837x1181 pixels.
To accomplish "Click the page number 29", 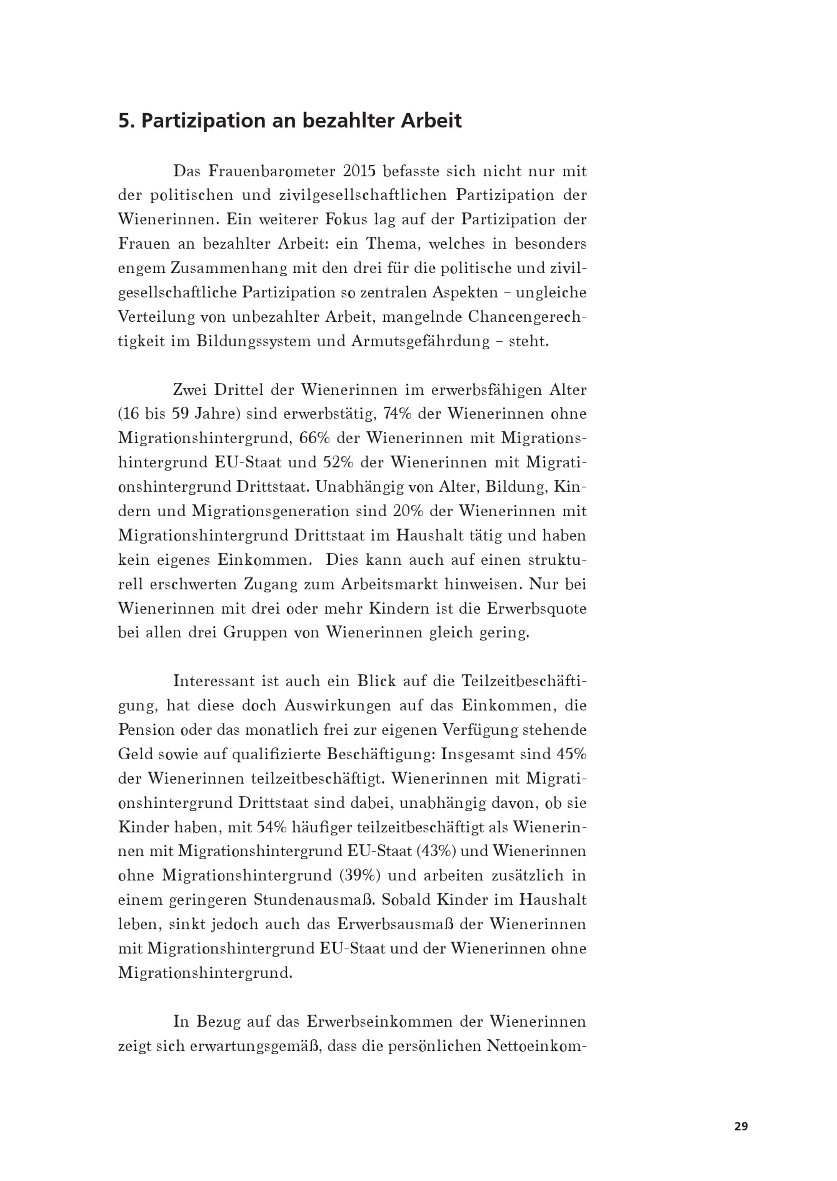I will tap(741, 1126).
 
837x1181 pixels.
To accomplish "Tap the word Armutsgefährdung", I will tap(420, 341).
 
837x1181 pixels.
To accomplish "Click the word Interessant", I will tap(214, 681).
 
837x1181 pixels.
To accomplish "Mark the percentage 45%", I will tap(571, 754).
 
